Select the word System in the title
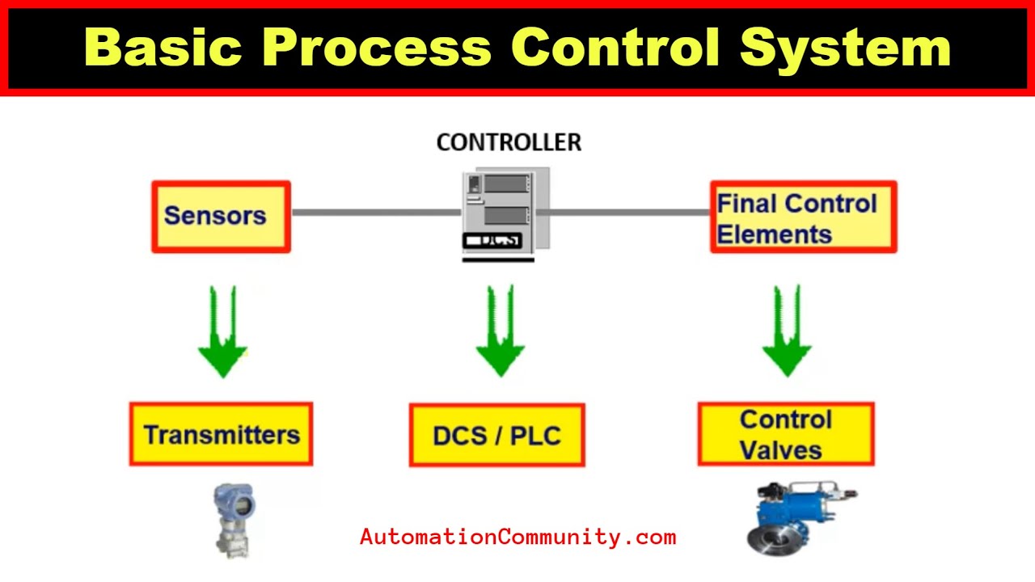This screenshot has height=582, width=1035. (846, 47)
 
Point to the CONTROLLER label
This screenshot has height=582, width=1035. (509, 143)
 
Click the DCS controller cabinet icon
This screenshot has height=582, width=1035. (502, 213)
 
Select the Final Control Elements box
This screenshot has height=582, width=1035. (803, 217)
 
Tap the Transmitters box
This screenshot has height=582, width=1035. (221, 435)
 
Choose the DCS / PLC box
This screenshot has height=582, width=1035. (496, 436)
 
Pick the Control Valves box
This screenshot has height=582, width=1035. (785, 435)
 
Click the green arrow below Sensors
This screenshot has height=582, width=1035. (222, 335)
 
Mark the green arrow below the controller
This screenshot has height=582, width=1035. (500, 335)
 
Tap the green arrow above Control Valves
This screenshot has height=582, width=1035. (787, 335)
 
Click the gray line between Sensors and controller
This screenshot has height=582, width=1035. (375, 213)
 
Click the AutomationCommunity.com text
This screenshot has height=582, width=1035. (517, 537)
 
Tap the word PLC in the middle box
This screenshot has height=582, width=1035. (534, 436)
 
